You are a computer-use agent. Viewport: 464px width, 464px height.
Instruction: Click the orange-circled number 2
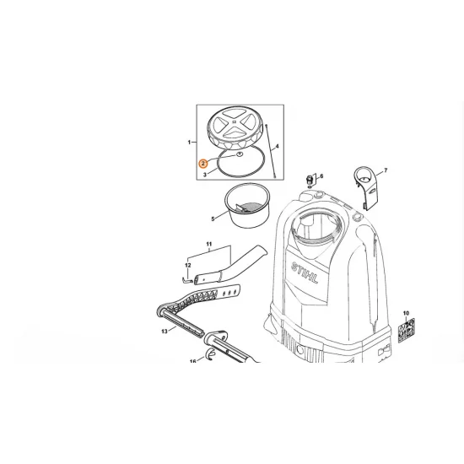(x=203, y=164)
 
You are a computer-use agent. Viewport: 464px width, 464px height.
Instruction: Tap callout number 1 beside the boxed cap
(x=189, y=143)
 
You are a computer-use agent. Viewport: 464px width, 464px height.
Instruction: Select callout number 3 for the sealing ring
(x=205, y=175)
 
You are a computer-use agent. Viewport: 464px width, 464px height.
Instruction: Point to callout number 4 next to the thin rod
(x=278, y=146)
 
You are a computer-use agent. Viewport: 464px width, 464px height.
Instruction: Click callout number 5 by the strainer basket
(x=213, y=219)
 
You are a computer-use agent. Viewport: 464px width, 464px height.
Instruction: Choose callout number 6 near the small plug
(x=321, y=176)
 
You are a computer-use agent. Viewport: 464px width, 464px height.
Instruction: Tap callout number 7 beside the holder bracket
(x=386, y=170)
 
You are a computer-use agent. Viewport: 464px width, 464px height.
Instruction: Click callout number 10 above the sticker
(x=406, y=313)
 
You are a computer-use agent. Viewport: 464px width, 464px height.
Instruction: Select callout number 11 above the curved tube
(x=209, y=244)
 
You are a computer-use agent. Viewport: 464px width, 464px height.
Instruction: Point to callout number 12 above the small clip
(x=188, y=265)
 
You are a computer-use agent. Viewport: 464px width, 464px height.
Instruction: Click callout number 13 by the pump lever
(x=165, y=332)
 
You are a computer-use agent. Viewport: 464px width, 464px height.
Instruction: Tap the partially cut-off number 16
(x=193, y=361)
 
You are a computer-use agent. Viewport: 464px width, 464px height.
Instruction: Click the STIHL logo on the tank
(x=305, y=272)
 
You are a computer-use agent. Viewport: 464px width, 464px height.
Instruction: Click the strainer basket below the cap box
(x=247, y=205)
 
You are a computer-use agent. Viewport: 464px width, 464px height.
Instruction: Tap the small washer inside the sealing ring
(x=239, y=154)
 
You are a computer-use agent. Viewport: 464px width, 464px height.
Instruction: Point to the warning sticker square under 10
(x=407, y=331)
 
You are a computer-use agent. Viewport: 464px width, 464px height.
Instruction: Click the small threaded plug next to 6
(x=310, y=180)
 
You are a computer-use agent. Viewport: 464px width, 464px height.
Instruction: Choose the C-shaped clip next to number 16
(x=211, y=353)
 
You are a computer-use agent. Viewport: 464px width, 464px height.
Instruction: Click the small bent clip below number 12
(x=187, y=279)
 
